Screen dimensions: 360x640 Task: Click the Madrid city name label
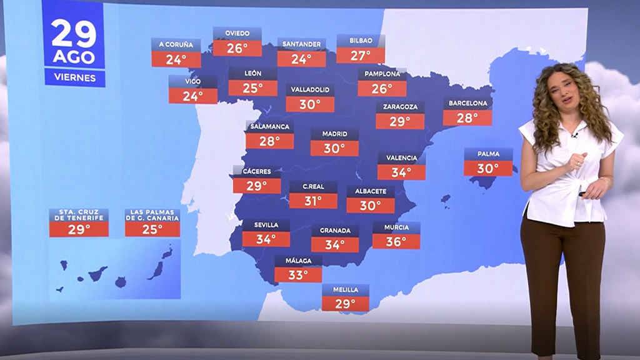point(334,134)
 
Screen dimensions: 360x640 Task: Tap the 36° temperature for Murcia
point(396,241)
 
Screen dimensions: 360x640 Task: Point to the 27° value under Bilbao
point(361,56)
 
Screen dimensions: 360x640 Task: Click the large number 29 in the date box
point(74,34)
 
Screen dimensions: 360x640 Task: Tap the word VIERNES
point(74,78)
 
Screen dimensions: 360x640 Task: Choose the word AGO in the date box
point(74,57)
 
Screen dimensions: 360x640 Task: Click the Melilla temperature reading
point(345,304)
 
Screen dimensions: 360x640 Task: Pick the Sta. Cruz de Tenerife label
point(79,215)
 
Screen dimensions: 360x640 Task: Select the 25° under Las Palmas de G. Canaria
point(152,229)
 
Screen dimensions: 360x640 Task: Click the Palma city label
point(488,153)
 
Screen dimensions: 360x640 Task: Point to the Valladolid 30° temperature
point(310,104)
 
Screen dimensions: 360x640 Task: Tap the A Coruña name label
point(176,44)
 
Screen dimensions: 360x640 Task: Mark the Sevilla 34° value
point(266,239)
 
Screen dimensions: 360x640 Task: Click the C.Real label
point(313,186)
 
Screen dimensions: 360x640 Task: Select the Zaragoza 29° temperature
point(400,121)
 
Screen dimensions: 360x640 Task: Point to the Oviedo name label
point(237,33)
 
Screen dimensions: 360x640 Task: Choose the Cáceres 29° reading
point(256,186)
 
